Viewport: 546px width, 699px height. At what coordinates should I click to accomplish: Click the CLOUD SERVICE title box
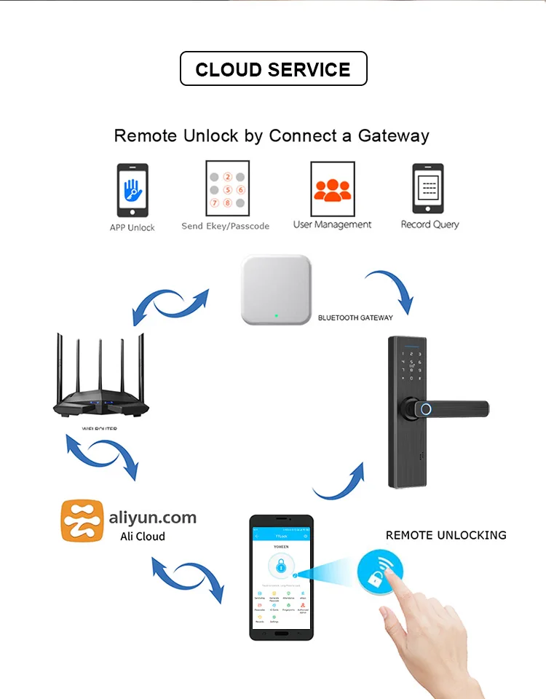[x=273, y=69]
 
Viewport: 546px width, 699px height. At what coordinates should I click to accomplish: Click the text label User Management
[x=332, y=225]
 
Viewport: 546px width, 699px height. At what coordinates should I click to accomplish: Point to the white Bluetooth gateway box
[x=275, y=289]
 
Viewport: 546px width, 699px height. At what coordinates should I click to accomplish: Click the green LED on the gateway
[x=276, y=316]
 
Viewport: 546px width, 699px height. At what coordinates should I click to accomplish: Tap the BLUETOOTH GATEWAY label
[x=355, y=318]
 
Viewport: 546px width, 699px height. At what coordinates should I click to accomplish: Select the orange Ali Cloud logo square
[x=81, y=521]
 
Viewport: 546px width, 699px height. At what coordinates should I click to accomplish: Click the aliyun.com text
[x=152, y=518]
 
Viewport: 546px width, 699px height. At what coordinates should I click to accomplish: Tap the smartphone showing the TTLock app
[x=281, y=577]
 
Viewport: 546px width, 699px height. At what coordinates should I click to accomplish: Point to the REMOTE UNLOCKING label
[x=446, y=535]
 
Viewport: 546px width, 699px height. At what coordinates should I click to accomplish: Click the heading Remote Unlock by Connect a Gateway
[x=272, y=135]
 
